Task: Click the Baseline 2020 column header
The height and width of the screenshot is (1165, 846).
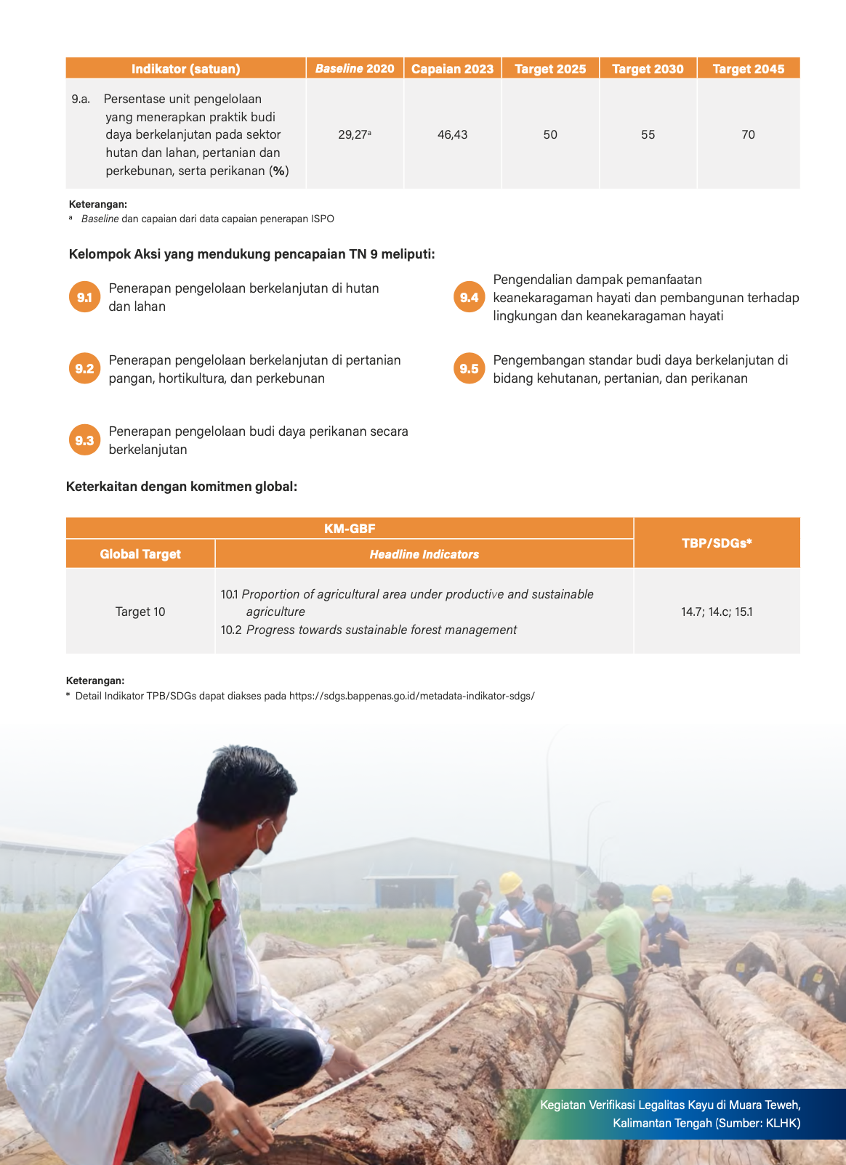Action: click(355, 68)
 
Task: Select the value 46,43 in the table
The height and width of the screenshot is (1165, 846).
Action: click(452, 134)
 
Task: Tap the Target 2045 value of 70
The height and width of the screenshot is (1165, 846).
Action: click(748, 134)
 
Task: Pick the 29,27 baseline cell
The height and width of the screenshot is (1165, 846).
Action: click(354, 134)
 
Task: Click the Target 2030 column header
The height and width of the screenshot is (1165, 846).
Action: click(648, 69)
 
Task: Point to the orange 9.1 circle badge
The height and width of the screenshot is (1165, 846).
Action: click(84, 297)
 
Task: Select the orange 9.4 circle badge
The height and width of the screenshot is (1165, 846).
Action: click(469, 297)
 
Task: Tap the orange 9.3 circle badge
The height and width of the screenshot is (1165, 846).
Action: click(84, 440)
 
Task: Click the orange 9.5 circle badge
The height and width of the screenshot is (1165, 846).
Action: click(469, 368)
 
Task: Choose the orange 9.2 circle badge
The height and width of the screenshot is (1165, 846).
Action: click(84, 368)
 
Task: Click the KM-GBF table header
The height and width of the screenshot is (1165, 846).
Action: click(350, 528)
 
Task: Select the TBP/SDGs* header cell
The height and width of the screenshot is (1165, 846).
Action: click(717, 543)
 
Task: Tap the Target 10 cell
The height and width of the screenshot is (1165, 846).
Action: click(140, 612)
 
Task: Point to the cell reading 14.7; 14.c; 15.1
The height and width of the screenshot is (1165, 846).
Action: click(717, 612)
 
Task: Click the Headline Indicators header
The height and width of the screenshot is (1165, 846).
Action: click(424, 554)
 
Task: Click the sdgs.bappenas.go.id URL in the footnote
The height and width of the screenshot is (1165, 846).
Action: click(411, 696)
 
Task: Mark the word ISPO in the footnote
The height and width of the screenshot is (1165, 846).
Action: click(322, 219)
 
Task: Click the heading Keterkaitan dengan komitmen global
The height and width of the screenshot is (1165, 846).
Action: click(182, 487)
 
